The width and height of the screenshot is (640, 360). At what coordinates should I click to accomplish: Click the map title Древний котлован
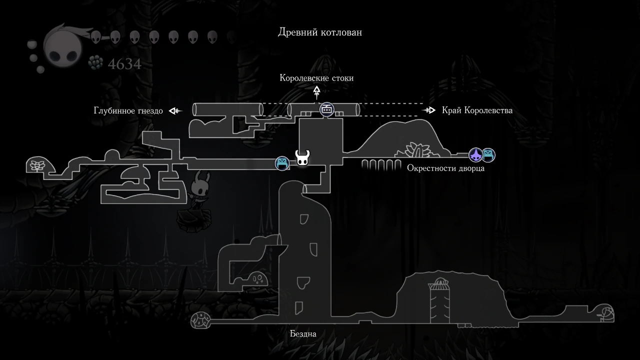[x=320, y=32]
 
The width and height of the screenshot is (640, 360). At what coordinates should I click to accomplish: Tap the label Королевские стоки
[x=316, y=78]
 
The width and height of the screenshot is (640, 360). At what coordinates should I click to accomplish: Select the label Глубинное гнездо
[x=128, y=110]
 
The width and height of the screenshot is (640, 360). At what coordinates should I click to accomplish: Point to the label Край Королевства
[x=477, y=110]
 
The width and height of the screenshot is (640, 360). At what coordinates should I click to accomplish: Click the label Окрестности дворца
[x=445, y=168]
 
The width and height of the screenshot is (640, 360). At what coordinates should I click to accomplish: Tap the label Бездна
[x=303, y=333]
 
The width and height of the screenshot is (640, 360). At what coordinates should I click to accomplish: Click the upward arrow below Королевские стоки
[x=316, y=92]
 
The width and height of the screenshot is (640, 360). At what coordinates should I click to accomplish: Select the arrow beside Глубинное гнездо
[x=175, y=110]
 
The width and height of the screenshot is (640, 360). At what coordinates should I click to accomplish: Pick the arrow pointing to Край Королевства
[x=429, y=110]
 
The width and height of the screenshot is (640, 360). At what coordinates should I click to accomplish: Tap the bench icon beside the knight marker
[x=282, y=163]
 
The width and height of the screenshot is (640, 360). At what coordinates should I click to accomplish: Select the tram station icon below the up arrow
[x=326, y=109]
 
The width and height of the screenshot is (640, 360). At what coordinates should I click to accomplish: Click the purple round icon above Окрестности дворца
[x=475, y=155]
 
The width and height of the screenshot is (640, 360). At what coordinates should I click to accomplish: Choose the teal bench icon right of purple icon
[x=488, y=155]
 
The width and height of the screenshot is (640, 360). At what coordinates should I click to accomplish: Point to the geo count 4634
[x=124, y=64]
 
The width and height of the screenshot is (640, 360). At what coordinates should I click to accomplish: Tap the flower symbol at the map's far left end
[x=36, y=165]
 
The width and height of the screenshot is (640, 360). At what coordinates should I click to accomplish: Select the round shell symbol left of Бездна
[x=201, y=320]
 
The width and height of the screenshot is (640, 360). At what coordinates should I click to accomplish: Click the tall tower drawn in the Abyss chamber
[x=439, y=300]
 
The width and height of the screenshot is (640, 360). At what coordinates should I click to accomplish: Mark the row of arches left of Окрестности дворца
[x=381, y=164]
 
